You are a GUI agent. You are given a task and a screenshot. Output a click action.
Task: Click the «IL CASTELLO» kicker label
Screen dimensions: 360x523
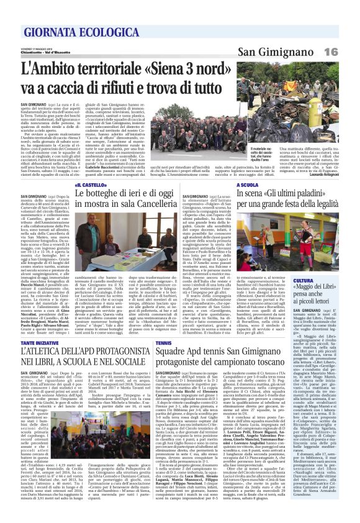[x=88, y=184]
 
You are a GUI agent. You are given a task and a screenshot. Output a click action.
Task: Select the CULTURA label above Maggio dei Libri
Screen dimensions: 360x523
[x=320, y=264]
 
